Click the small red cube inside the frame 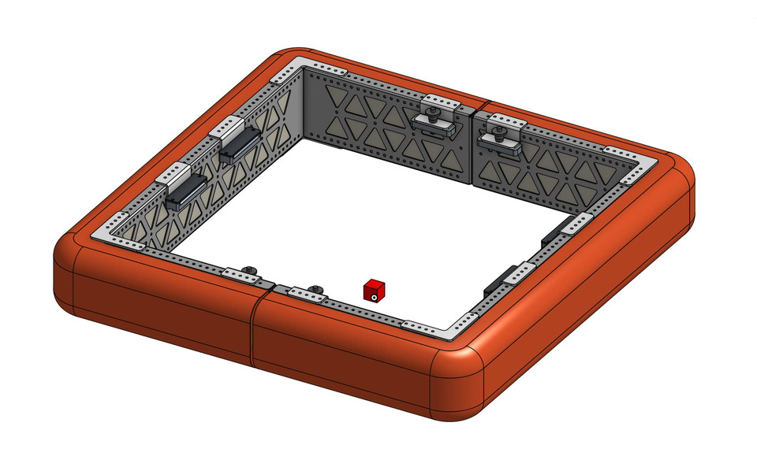pos(375,289)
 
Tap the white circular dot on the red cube pos(375,297)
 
